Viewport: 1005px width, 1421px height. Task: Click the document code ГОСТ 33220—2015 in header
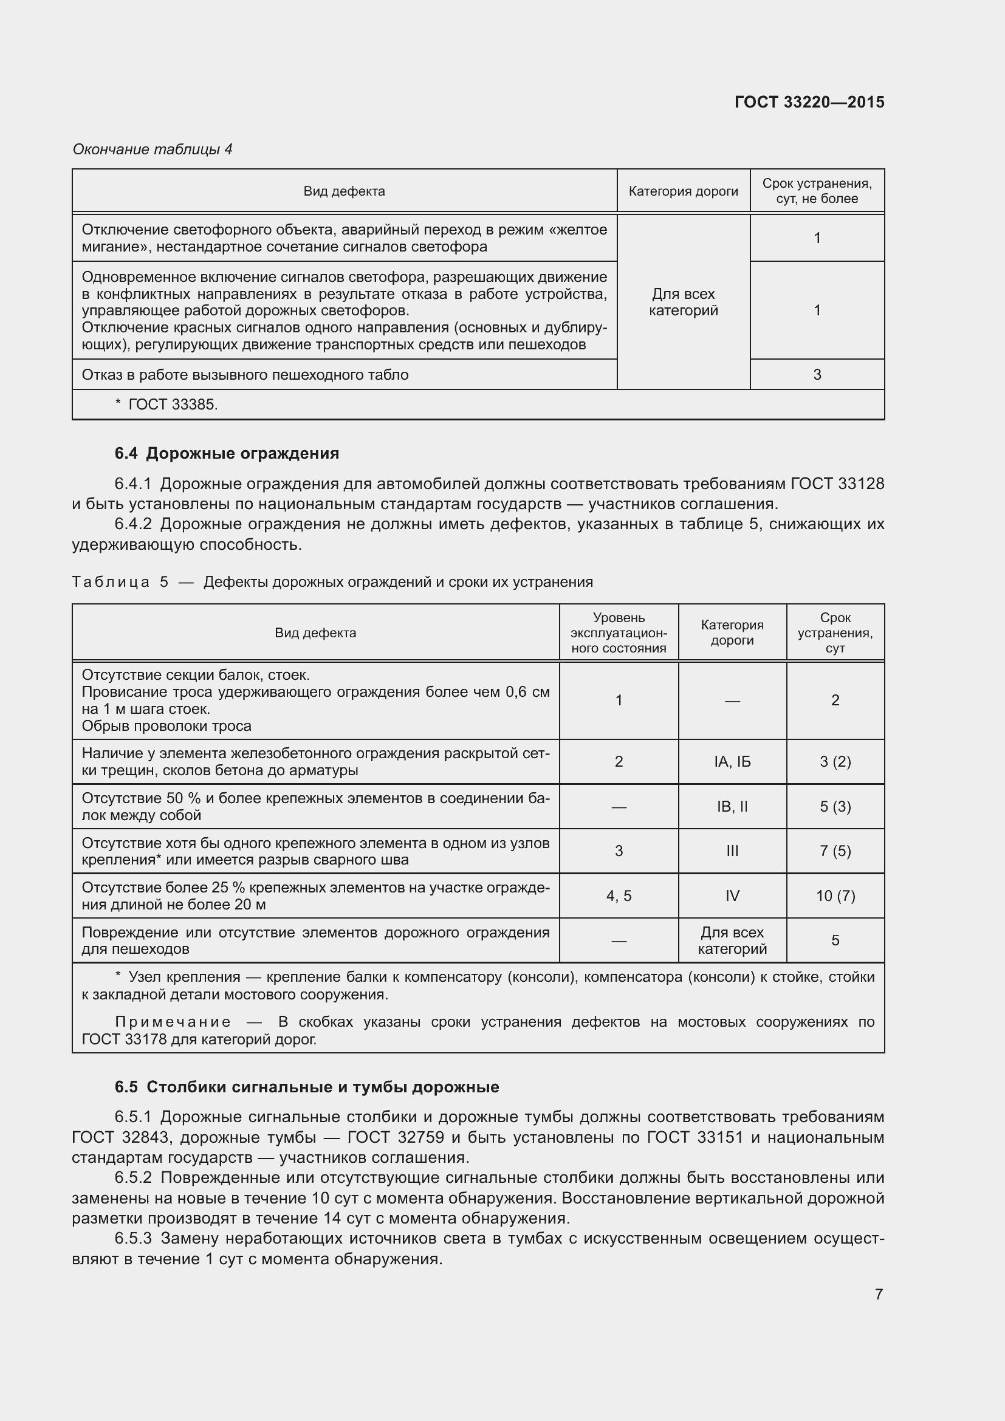[x=809, y=102]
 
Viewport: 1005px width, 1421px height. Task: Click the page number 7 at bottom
[x=879, y=1293]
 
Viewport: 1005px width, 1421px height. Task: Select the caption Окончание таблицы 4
[x=153, y=149]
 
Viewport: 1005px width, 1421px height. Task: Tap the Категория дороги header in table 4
[x=683, y=191]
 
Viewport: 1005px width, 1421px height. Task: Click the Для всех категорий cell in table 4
[x=683, y=302]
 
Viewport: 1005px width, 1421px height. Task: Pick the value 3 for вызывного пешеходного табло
[x=817, y=374]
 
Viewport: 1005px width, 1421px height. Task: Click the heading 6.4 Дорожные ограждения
[x=227, y=454]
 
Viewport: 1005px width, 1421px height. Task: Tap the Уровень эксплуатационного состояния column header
[x=618, y=632]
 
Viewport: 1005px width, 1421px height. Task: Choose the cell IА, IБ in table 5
[x=732, y=762]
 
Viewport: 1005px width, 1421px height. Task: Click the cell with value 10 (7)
[x=835, y=895]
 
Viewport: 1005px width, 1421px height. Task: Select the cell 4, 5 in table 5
[x=618, y=895]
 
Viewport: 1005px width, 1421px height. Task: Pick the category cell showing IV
[x=732, y=895]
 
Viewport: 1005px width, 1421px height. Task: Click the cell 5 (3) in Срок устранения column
[x=835, y=806]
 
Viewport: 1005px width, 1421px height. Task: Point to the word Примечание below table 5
[x=173, y=1022]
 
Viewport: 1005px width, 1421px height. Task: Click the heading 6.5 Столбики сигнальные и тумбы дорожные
[x=307, y=1087]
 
